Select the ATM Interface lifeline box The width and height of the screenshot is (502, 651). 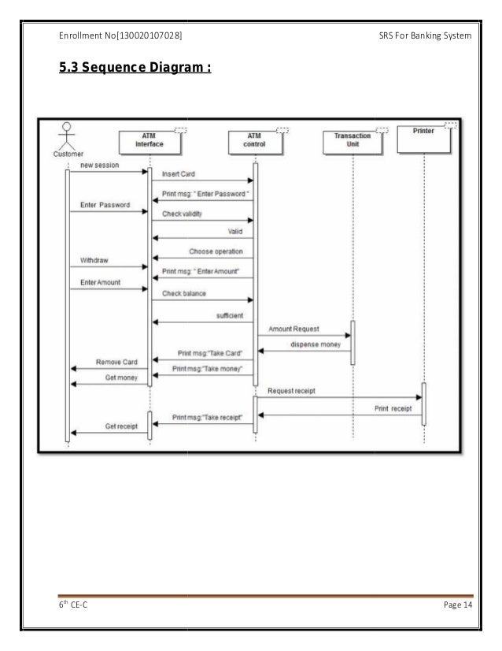149,140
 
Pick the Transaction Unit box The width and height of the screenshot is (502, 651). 352,140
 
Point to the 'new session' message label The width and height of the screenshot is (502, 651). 100,166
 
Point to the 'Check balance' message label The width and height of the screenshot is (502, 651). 184,293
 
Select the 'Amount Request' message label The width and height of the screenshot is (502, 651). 293,329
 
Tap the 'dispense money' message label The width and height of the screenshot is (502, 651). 315,344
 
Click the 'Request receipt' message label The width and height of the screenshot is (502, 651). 294,391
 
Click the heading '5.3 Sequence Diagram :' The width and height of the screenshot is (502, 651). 135,69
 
